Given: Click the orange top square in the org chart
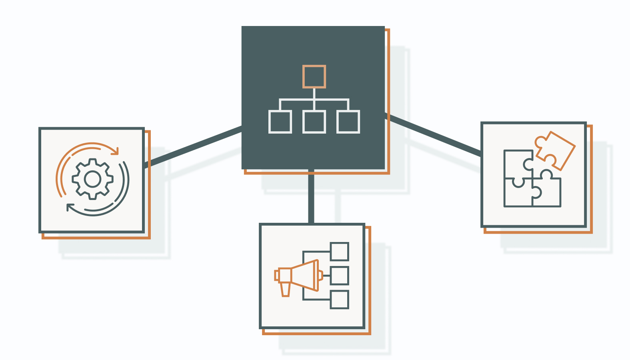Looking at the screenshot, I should pos(314,76).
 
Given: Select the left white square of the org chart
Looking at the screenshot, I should pos(280,122).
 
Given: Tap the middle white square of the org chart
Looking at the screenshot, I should pos(314,122).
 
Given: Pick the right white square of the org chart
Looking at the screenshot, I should pos(348,122).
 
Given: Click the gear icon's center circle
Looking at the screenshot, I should pos(93,179).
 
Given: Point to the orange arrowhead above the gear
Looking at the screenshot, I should pos(115,151).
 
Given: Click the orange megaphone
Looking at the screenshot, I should pos(304,275).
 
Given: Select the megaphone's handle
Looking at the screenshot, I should pos(285,289).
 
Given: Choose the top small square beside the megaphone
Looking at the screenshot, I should pos(340,251).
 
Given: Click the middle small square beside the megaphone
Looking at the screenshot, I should pos(340,276).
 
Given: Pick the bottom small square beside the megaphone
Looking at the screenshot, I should pos(340,300).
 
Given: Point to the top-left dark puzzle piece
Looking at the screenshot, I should pos(516,164).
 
